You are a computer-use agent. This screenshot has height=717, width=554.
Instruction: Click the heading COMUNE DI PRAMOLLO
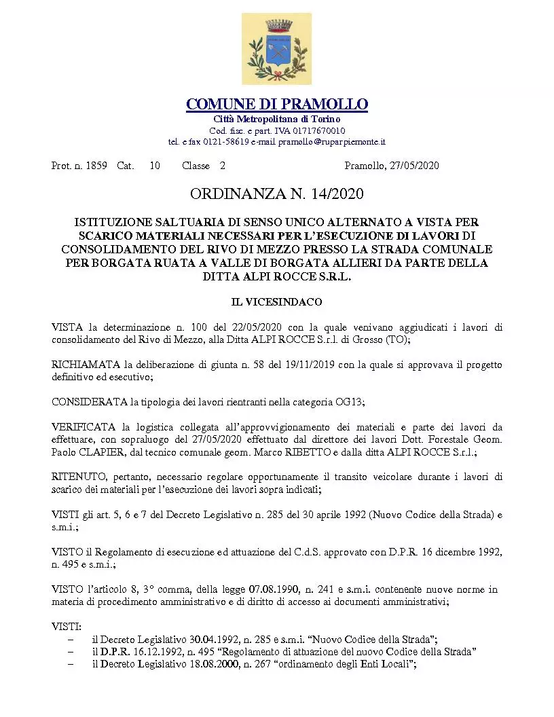click(x=277, y=104)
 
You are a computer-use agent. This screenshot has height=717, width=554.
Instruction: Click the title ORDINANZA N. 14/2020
click(x=277, y=195)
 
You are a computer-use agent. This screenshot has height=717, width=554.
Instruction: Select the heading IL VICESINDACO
click(x=277, y=301)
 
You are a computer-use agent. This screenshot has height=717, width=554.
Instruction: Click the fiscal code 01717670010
click(x=315, y=130)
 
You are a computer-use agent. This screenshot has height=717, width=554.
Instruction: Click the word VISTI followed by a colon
click(x=66, y=627)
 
